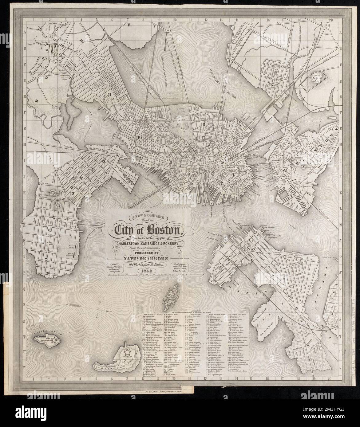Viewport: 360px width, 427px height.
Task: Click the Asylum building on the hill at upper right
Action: pyautogui.click(x=316, y=78)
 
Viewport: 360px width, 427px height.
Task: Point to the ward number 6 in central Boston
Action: pyautogui.click(x=204, y=124)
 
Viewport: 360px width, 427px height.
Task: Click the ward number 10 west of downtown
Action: pyautogui.click(x=140, y=138)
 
